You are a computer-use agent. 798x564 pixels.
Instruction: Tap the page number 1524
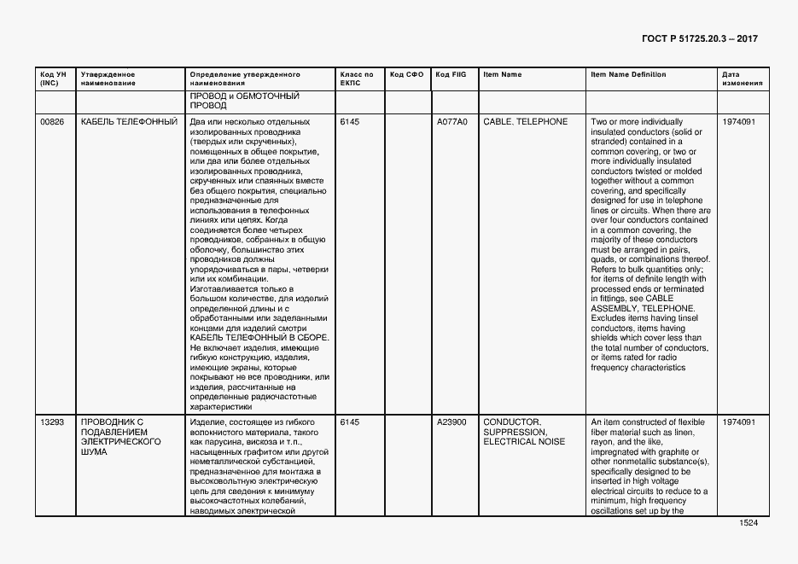[748, 523]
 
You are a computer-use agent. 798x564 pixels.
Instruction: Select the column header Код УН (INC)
[49, 79]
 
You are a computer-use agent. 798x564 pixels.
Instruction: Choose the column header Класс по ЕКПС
[356, 79]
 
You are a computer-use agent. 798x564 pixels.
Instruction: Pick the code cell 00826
[52, 122]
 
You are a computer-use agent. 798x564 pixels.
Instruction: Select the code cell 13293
[52, 422]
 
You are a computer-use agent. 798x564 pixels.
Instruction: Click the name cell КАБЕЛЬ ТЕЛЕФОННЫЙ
[129, 122]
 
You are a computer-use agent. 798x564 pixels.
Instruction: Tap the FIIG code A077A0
[452, 122]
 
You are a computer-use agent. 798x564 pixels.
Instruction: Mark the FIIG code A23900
[451, 422]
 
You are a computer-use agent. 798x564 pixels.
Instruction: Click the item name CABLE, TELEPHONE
[525, 122]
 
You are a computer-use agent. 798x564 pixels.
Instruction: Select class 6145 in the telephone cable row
[350, 122]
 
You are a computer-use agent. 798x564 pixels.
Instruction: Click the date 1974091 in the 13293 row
[739, 422]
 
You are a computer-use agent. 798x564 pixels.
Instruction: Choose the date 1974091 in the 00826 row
[739, 122]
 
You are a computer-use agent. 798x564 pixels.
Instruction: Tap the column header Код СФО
[406, 75]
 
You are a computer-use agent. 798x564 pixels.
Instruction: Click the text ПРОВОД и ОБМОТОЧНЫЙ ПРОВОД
[244, 101]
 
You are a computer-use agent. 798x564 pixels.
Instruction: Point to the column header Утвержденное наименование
[108, 79]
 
